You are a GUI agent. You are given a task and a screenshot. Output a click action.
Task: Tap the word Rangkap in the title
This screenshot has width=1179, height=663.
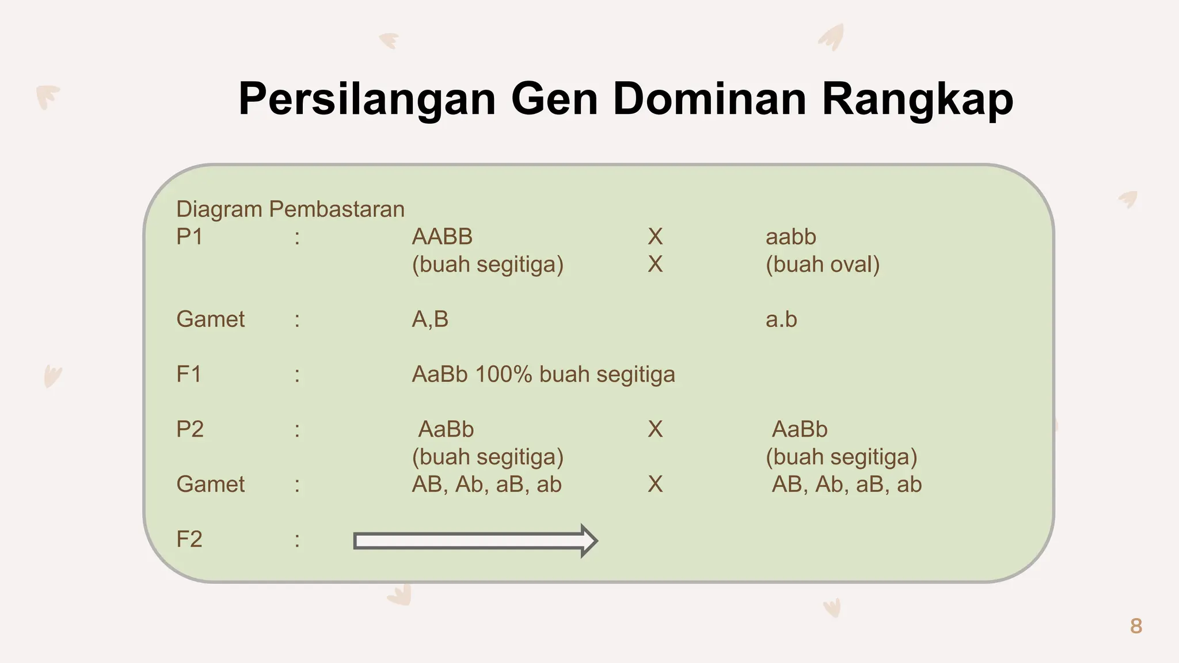917,99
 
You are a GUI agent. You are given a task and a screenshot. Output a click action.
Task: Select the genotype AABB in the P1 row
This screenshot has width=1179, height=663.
442,237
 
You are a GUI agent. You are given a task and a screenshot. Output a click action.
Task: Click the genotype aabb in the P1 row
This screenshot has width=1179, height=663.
790,237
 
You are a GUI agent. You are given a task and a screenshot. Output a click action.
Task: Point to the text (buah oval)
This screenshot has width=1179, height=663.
822,264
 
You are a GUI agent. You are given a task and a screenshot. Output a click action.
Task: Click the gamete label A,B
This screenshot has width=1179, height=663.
430,319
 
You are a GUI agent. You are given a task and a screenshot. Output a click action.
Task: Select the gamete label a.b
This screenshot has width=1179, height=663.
781,319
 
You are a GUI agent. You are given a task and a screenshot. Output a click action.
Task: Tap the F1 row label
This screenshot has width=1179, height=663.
189,374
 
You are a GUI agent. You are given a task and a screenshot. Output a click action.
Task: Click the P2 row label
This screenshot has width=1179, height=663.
190,429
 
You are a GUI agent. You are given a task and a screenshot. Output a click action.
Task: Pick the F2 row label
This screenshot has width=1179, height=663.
189,539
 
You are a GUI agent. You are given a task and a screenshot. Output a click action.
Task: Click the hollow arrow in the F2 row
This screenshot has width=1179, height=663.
475,541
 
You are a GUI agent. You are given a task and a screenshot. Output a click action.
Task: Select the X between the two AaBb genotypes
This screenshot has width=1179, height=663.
655,429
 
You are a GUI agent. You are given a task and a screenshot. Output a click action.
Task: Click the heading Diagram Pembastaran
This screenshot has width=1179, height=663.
290,209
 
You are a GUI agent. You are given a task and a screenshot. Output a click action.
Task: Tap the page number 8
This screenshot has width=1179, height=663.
1136,626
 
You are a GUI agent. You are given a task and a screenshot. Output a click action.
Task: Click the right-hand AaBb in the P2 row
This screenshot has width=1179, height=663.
799,429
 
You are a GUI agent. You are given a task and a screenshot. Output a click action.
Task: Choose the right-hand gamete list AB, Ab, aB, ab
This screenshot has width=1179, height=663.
846,485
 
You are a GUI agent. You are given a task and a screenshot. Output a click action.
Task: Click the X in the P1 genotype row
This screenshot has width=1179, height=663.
655,237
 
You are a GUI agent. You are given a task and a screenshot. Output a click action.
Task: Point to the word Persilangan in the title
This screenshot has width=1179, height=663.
367,99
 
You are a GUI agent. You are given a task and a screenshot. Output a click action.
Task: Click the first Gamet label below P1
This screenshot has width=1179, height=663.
210,319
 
